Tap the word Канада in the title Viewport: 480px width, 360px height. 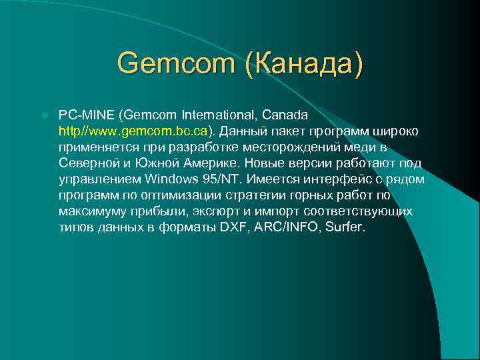tap(305, 64)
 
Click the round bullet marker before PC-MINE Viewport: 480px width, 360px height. tap(44, 115)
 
